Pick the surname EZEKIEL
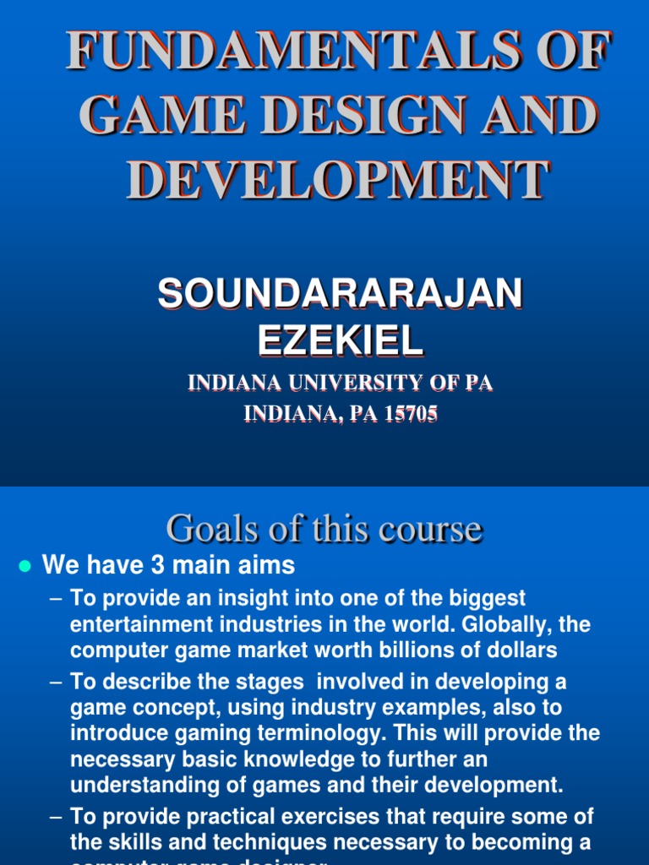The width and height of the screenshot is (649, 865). [340, 340]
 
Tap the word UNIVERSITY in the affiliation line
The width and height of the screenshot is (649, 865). [363, 383]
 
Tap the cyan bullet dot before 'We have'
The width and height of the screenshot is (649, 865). [25, 566]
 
